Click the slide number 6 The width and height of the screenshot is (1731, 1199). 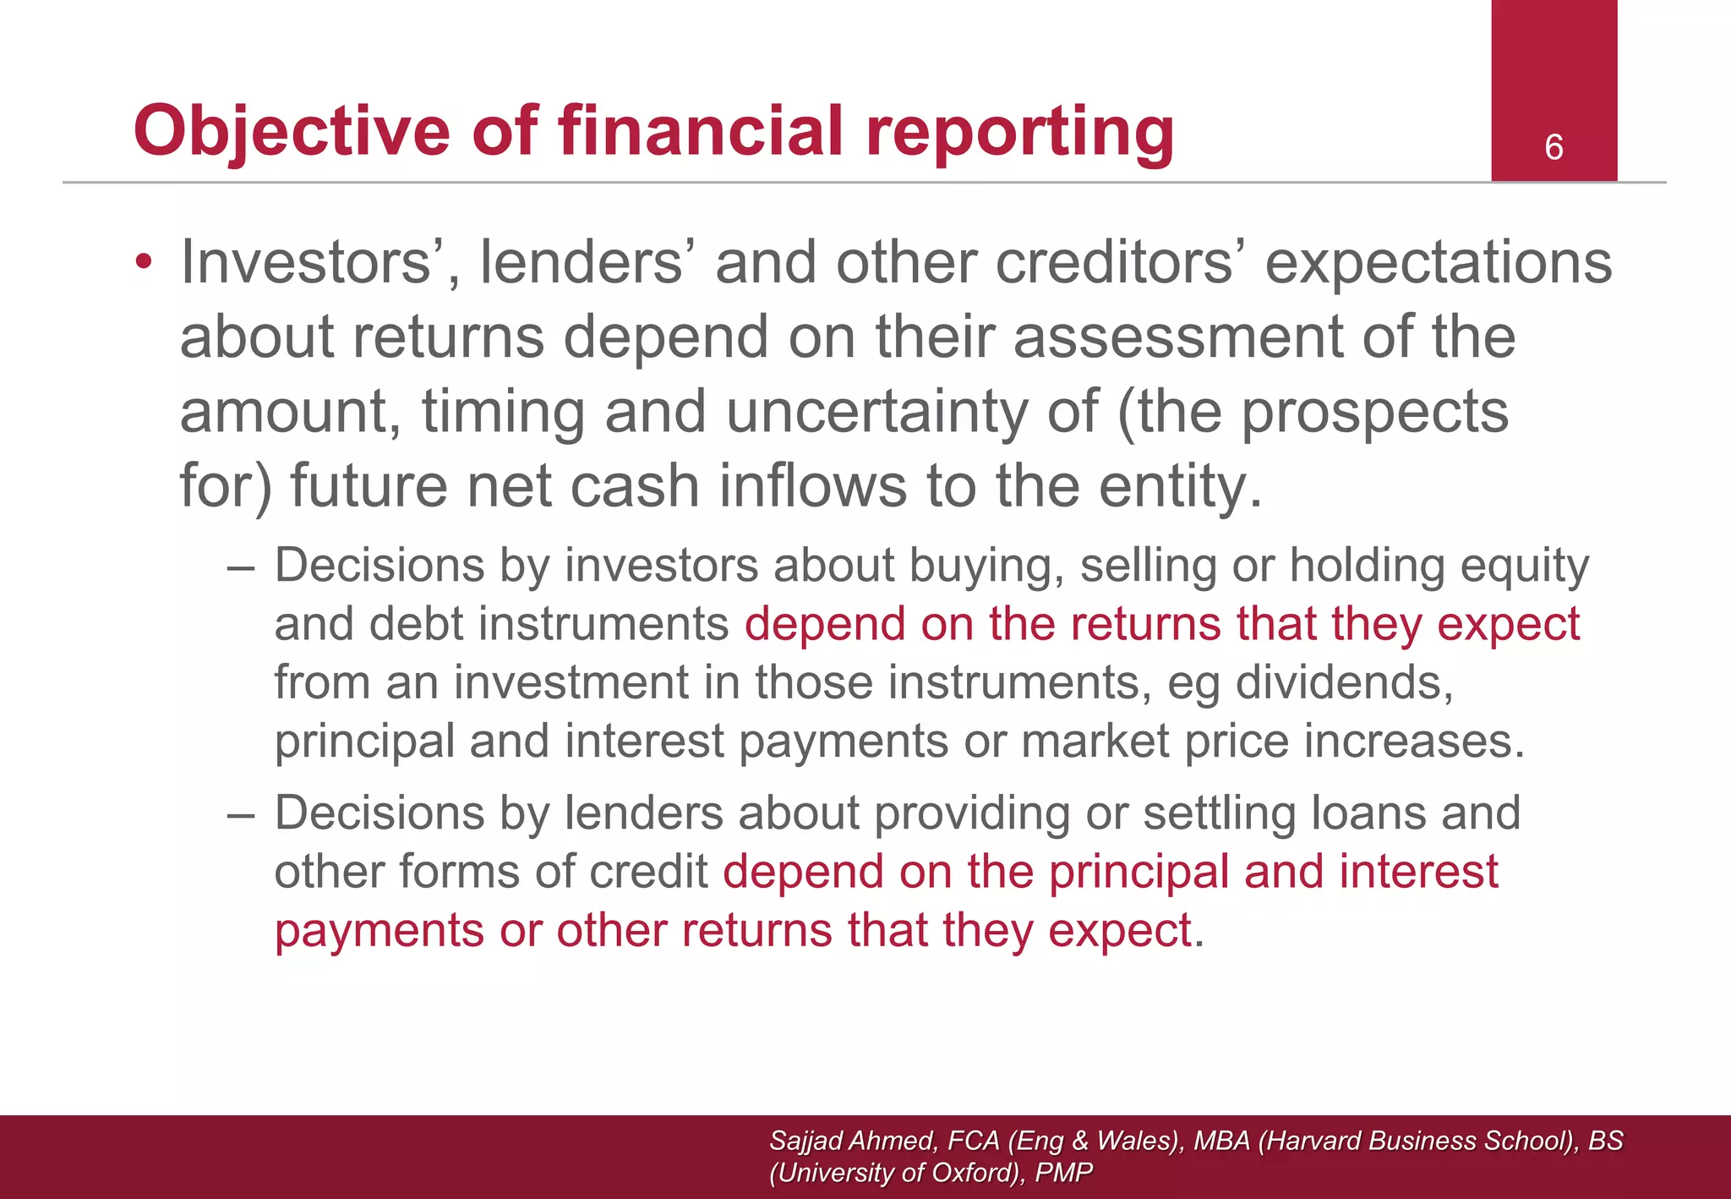coord(1554,148)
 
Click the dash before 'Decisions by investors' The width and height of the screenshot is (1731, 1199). coord(241,567)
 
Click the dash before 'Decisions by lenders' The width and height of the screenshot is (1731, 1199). coord(241,814)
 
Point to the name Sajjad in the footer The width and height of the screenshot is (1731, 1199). coord(805,1141)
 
